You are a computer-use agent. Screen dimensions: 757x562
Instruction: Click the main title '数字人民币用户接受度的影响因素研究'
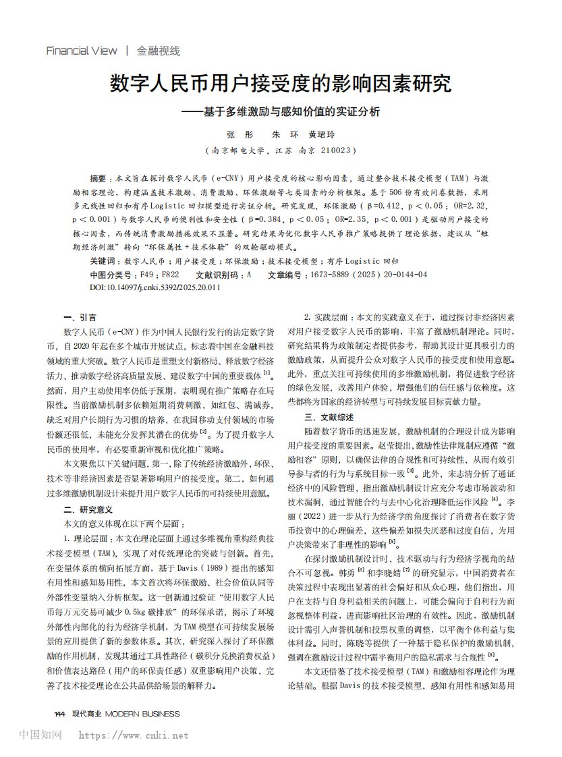click(x=281, y=84)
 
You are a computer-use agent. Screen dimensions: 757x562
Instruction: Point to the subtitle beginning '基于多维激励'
click(x=283, y=111)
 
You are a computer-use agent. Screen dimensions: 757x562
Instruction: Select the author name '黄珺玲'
click(x=321, y=134)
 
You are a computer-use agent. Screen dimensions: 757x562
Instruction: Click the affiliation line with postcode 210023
click(x=281, y=150)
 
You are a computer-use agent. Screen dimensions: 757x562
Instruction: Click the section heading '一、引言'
click(x=80, y=317)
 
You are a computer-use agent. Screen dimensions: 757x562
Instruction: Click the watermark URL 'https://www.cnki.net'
click(x=134, y=735)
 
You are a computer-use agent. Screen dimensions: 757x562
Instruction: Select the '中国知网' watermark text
click(x=41, y=735)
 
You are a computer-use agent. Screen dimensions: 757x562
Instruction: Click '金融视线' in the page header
click(x=159, y=51)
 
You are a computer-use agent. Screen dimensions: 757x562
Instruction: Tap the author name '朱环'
click(x=279, y=134)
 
